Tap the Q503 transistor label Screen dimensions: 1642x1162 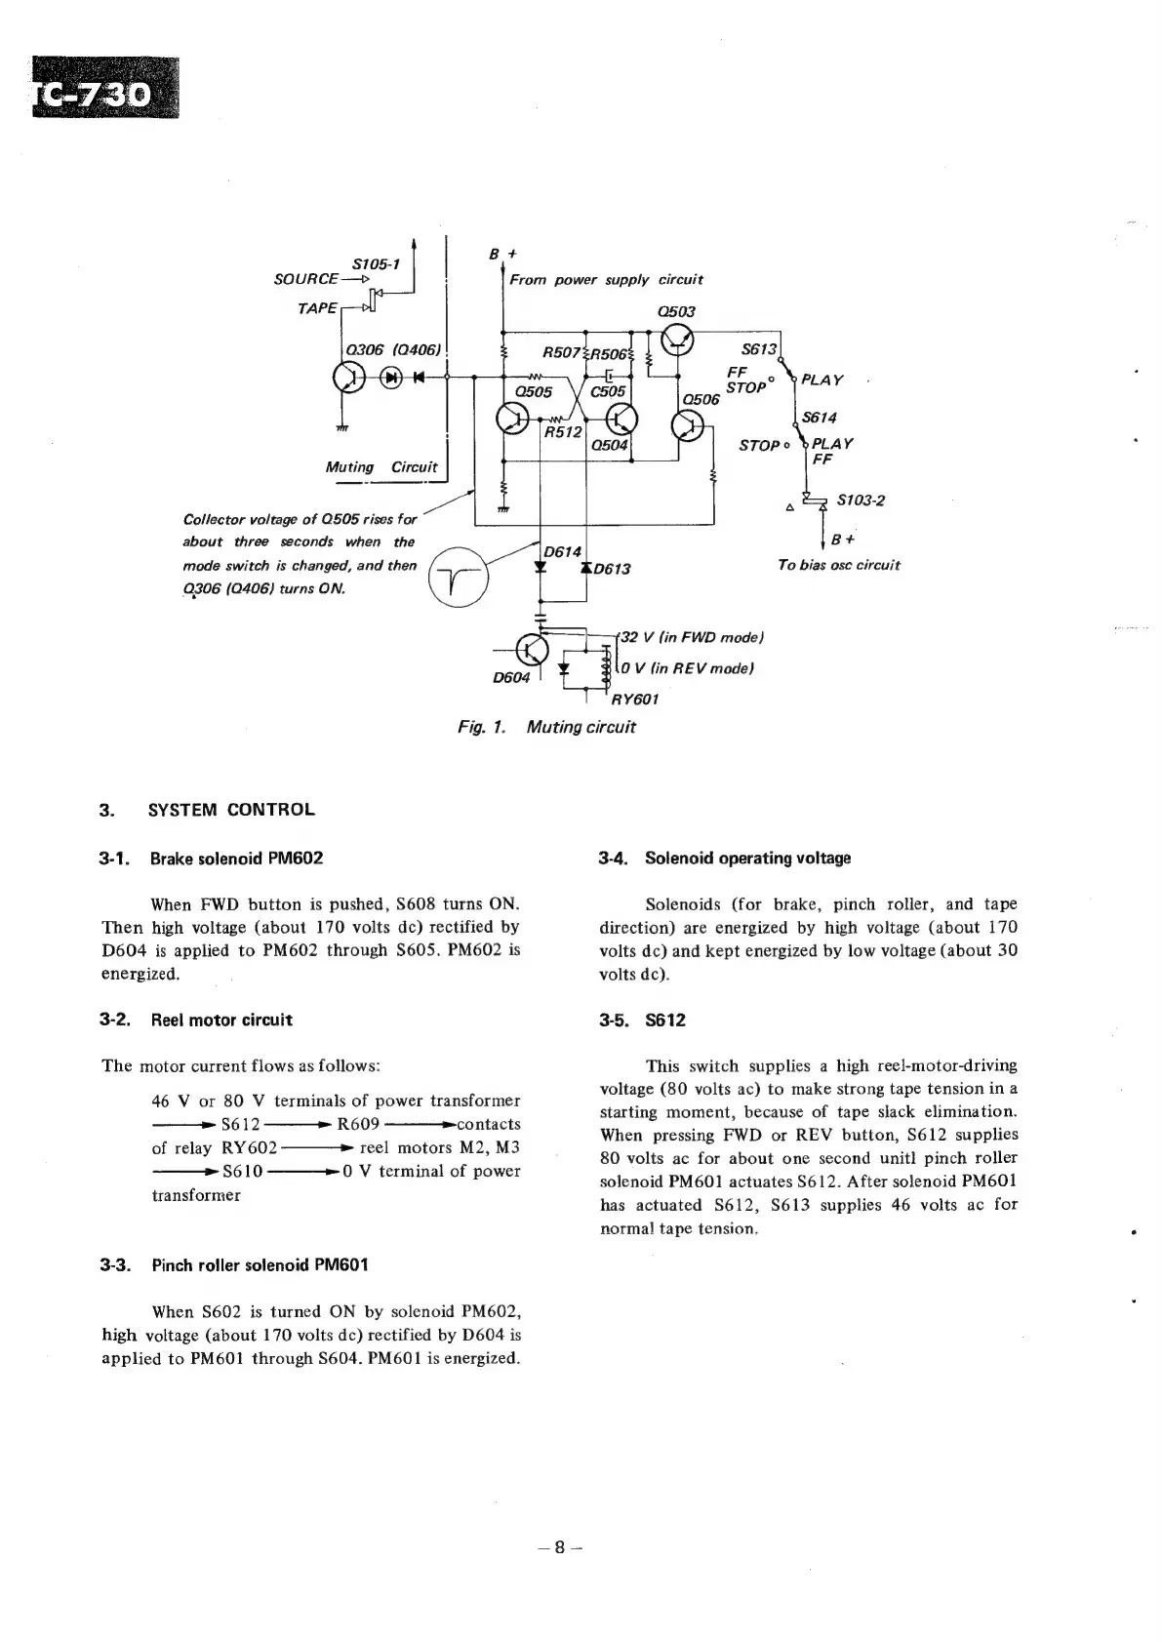(676, 311)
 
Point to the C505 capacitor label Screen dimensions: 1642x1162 (608, 391)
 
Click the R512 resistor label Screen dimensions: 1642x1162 (562, 430)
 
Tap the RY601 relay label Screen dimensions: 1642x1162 (635, 699)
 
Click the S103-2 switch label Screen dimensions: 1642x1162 (861, 501)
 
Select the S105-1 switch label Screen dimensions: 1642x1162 (376, 263)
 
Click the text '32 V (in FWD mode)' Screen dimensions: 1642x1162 (692, 637)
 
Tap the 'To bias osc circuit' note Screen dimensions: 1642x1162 (838, 565)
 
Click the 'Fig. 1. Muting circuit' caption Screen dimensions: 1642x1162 (546, 727)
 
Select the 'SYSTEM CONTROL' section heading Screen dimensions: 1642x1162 (231, 810)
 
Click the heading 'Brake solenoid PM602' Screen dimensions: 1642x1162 (236, 859)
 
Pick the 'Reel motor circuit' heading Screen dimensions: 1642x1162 (220, 1021)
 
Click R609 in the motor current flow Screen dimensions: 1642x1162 (358, 1124)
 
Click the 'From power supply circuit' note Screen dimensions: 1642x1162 (606, 280)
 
